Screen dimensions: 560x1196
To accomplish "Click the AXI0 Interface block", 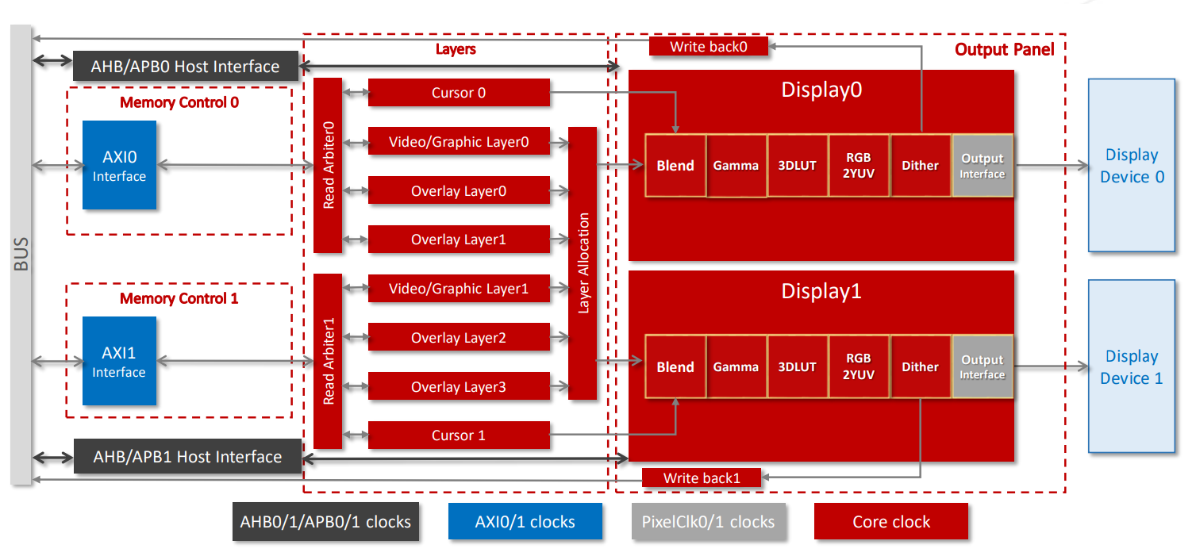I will click(119, 165).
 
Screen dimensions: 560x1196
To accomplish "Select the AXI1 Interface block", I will click(119, 361).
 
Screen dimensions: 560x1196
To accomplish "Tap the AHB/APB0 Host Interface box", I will click(185, 67).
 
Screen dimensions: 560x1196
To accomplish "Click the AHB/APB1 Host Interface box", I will click(187, 457).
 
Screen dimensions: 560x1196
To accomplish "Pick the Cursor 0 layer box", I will click(459, 93).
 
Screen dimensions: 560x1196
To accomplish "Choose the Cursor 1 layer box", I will click(459, 435).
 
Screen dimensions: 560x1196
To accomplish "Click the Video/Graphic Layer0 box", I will click(459, 143).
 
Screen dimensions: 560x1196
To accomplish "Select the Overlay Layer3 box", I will click(459, 387).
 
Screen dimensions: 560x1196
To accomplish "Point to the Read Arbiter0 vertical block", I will click(328, 165).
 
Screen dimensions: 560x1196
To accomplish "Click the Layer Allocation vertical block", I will click(583, 263).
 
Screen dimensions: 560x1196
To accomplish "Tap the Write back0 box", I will click(709, 47).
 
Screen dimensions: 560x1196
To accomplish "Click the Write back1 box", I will click(702, 478).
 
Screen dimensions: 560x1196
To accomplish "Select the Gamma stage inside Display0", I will click(736, 166).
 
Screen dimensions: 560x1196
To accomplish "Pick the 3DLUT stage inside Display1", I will click(798, 366).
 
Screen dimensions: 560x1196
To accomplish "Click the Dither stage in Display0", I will click(921, 166).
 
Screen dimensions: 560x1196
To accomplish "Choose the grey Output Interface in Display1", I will click(983, 366).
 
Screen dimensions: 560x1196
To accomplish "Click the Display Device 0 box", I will click(1132, 165).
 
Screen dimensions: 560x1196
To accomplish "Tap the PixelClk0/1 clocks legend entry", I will click(708, 522).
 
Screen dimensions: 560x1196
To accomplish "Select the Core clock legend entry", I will click(891, 522).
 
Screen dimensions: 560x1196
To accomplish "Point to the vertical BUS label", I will click(21, 254).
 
